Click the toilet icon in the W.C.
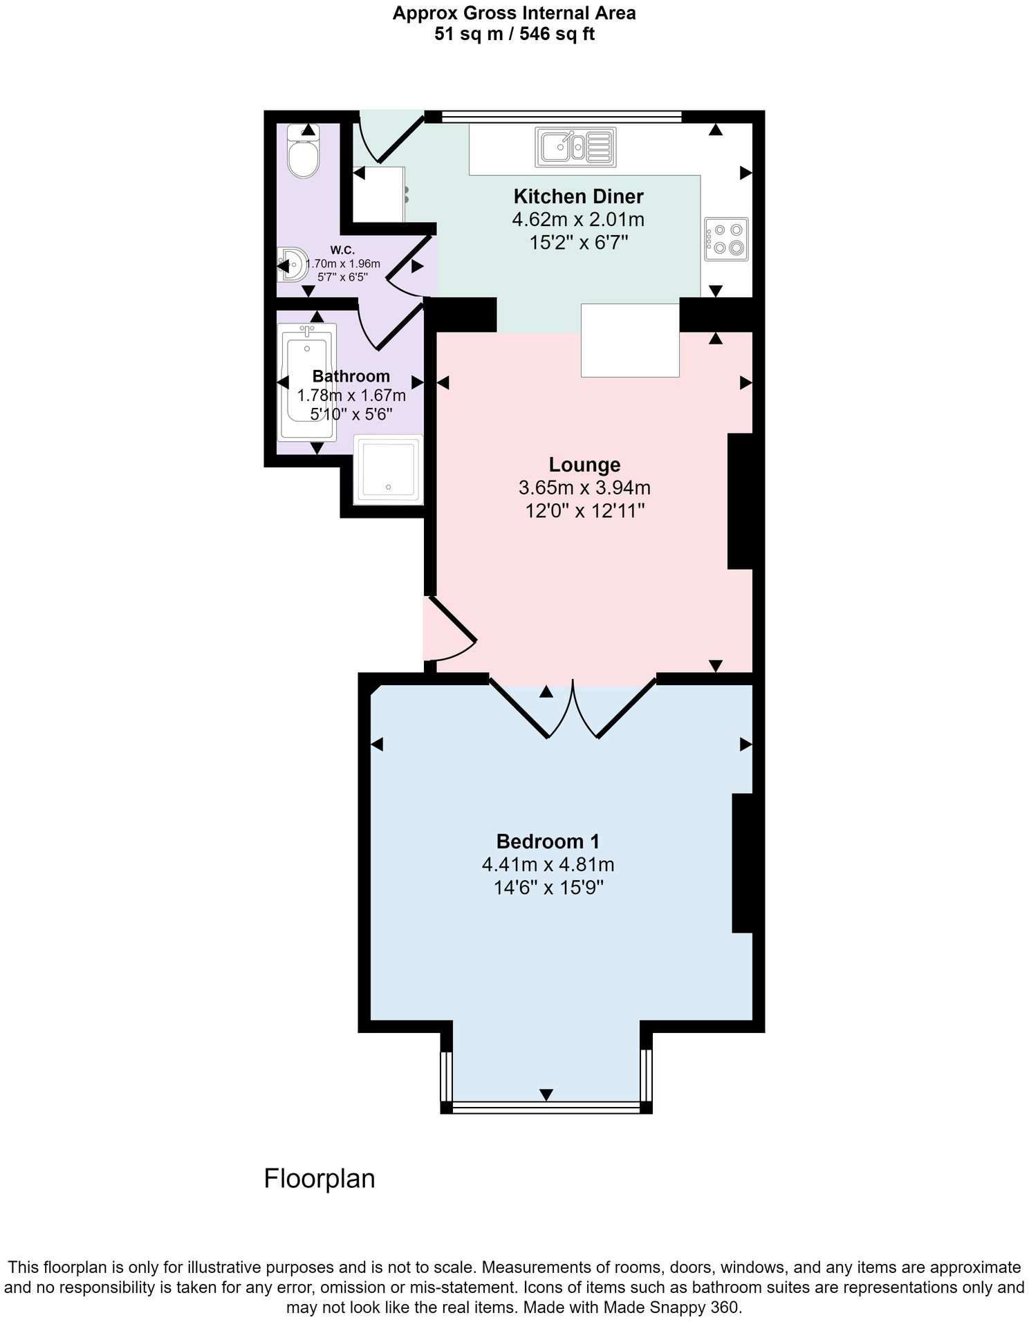303,155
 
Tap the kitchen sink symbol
575,147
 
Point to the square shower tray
387,469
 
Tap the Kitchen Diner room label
578,196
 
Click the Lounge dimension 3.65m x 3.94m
584,488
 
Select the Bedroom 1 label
548,841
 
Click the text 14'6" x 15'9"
548,888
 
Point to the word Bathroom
351,376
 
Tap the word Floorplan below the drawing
319,1179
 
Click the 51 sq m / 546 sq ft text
514,34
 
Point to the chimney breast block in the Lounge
739,501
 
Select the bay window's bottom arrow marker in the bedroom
546,1095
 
